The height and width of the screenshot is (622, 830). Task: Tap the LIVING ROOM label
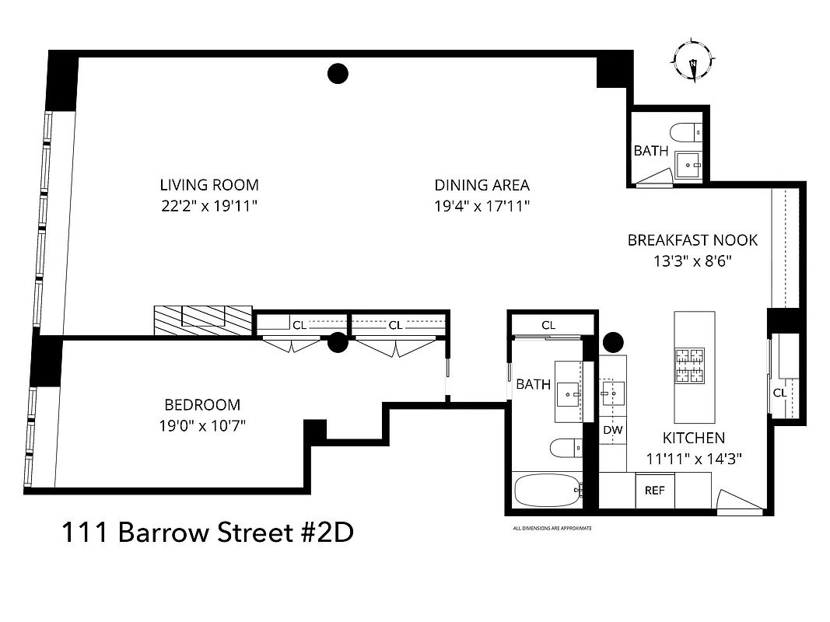click(x=208, y=185)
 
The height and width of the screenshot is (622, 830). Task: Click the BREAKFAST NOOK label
click(x=692, y=240)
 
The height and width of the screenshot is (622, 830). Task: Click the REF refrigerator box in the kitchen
click(x=655, y=491)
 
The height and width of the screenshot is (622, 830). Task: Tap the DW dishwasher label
click(x=611, y=429)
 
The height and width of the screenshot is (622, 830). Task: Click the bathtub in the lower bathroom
click(x=546, y=490)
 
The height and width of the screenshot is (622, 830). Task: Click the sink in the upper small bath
click(x=687, y=165)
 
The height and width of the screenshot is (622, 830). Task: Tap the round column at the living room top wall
click(x=337, y=73)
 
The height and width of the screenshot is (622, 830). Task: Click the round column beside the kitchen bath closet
click(x=613, y=341)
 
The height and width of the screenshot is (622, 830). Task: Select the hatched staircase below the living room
click(x=203, y=320)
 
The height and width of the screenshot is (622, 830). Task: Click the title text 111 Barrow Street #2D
click(x=207, y=533)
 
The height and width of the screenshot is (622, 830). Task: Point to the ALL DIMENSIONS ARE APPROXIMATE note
click(x=552, y=528)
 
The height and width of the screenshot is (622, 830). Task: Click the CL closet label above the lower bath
click(x=548, y=325)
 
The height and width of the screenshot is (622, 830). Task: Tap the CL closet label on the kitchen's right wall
click(x=779, y=393)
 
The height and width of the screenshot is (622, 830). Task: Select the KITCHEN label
click(x=693, y=438)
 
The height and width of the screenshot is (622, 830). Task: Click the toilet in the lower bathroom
click(x=565, y=448)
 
